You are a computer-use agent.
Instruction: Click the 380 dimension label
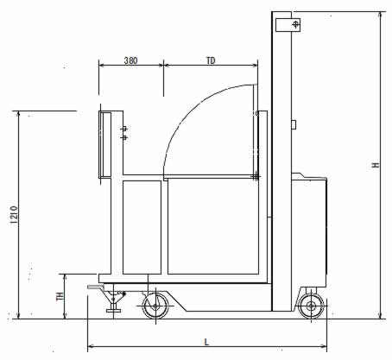point(130,60)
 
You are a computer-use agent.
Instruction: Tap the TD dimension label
point(211,60)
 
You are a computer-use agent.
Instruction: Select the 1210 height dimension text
point(14,215)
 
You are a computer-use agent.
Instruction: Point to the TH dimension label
point(60,296)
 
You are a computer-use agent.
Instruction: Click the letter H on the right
point(376,165)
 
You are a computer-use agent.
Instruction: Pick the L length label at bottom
point(206,342)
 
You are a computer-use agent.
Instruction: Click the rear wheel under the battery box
point(311,306)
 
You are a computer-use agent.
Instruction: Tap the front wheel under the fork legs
point(155,306)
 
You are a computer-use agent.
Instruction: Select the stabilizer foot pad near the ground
point(113,310)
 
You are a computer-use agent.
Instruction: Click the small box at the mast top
point(288,25)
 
